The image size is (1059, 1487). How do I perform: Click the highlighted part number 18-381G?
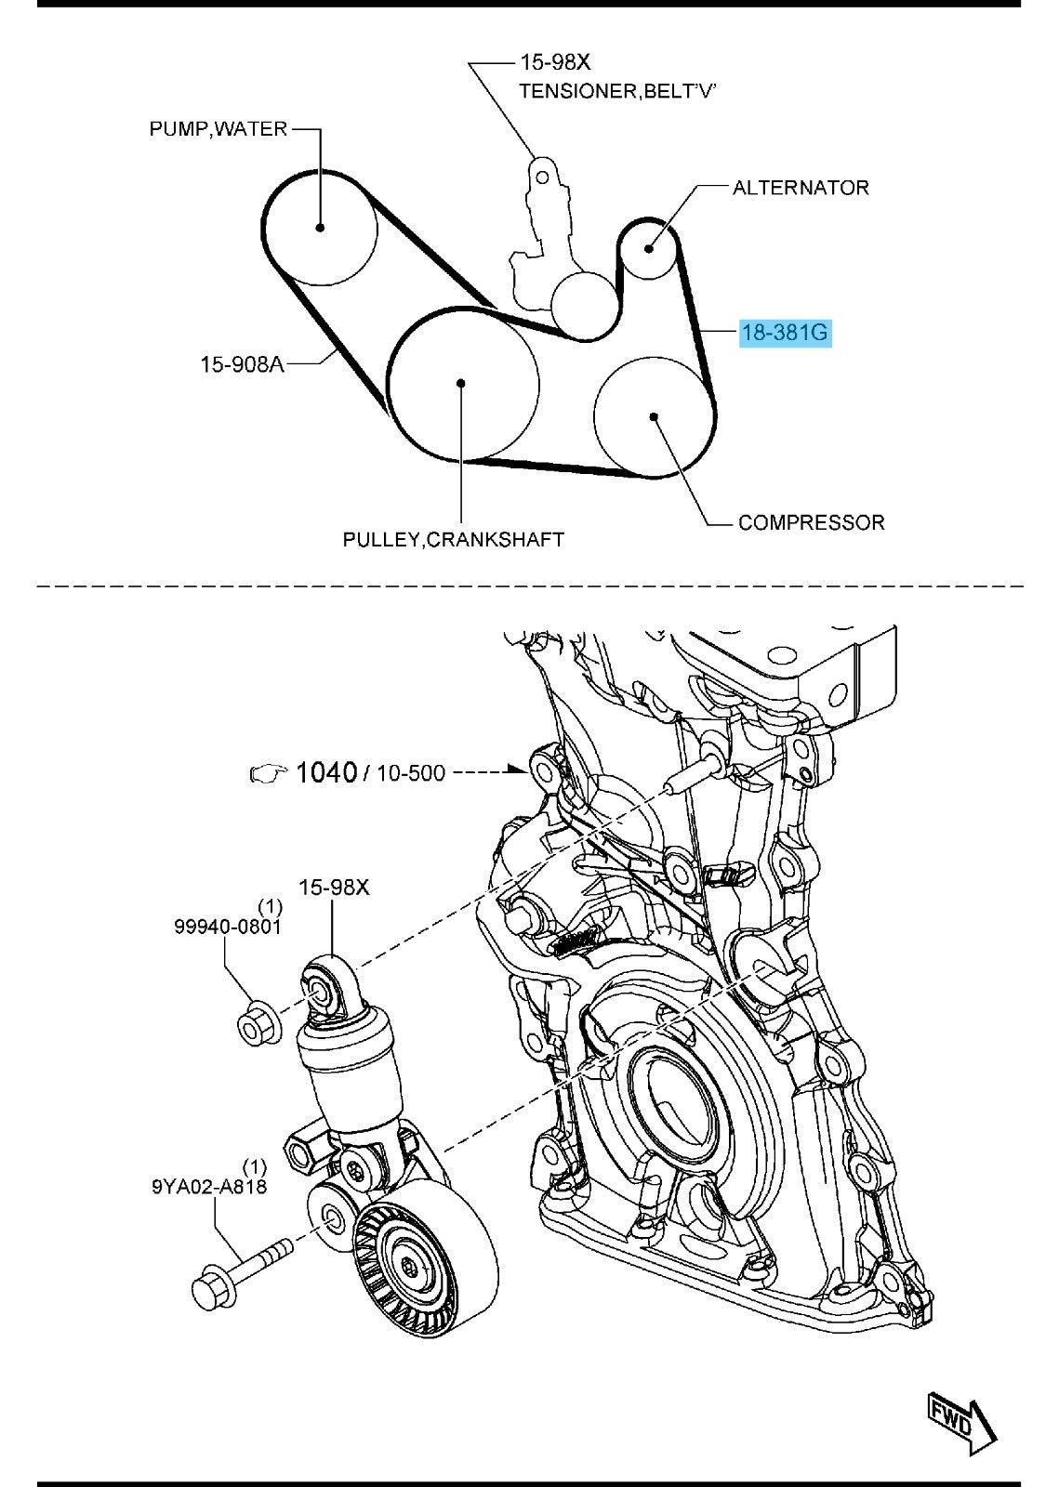pos(786,332)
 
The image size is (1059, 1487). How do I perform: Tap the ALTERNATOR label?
pos(801,188)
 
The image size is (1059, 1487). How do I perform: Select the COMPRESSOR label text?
pos(812,522)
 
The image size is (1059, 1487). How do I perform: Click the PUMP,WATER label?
pos(218,129)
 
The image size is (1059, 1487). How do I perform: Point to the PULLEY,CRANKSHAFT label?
pos(454,539)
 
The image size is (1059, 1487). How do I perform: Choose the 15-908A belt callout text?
pos(242,363)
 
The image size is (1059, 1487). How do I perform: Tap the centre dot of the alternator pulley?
pos(649,248)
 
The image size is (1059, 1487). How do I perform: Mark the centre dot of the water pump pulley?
pos(320,227)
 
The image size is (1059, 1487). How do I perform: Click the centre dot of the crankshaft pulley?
pos(461,382)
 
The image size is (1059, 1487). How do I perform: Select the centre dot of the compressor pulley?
pos(654,416)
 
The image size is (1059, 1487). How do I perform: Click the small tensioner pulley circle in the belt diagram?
pos(585,306)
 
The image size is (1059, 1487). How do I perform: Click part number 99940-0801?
pos(228,926)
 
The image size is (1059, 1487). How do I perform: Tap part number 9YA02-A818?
pos(210,1185)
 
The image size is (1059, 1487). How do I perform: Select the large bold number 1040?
pos(326,772)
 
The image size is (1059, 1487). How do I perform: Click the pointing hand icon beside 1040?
pos(268,773)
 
